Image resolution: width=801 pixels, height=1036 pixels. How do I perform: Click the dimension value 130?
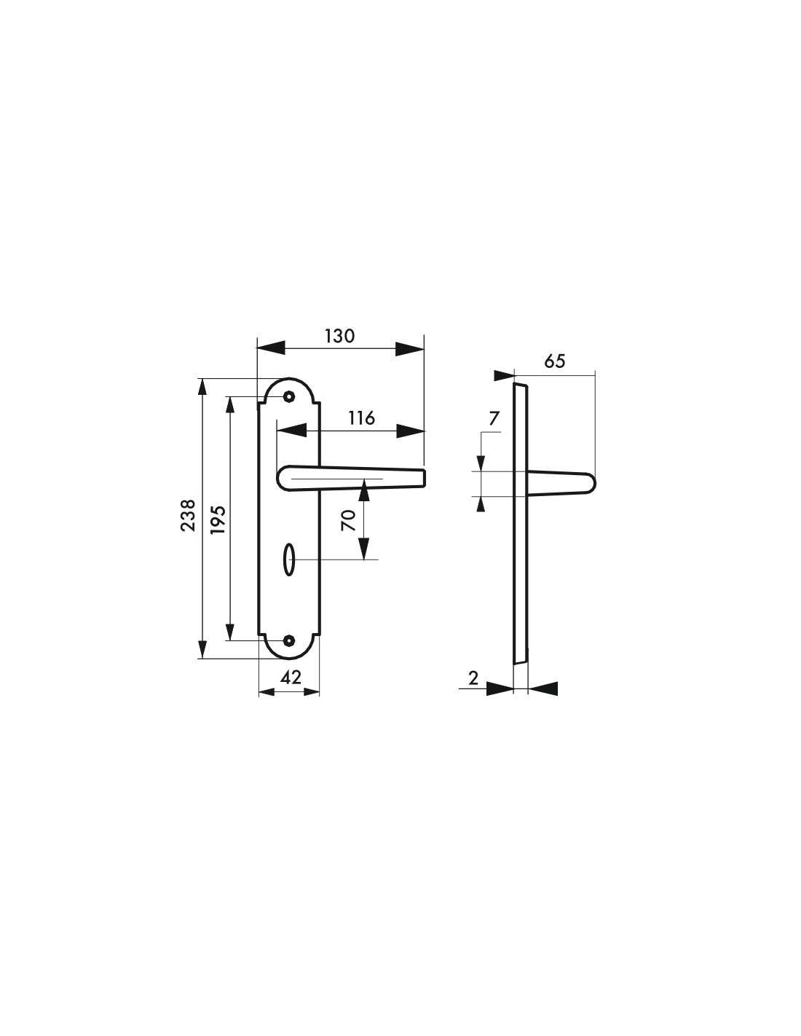340,337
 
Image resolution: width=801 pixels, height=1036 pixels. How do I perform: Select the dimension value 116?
361,418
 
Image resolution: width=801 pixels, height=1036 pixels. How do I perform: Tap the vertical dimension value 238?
188,515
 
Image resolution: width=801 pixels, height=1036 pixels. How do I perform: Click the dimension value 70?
349,520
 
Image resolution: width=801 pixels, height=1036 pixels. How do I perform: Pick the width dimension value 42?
291,678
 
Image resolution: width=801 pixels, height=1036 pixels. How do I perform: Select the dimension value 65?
555,361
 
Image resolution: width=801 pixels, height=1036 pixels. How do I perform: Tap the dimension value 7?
494,418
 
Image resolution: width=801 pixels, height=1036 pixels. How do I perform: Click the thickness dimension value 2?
473,678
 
